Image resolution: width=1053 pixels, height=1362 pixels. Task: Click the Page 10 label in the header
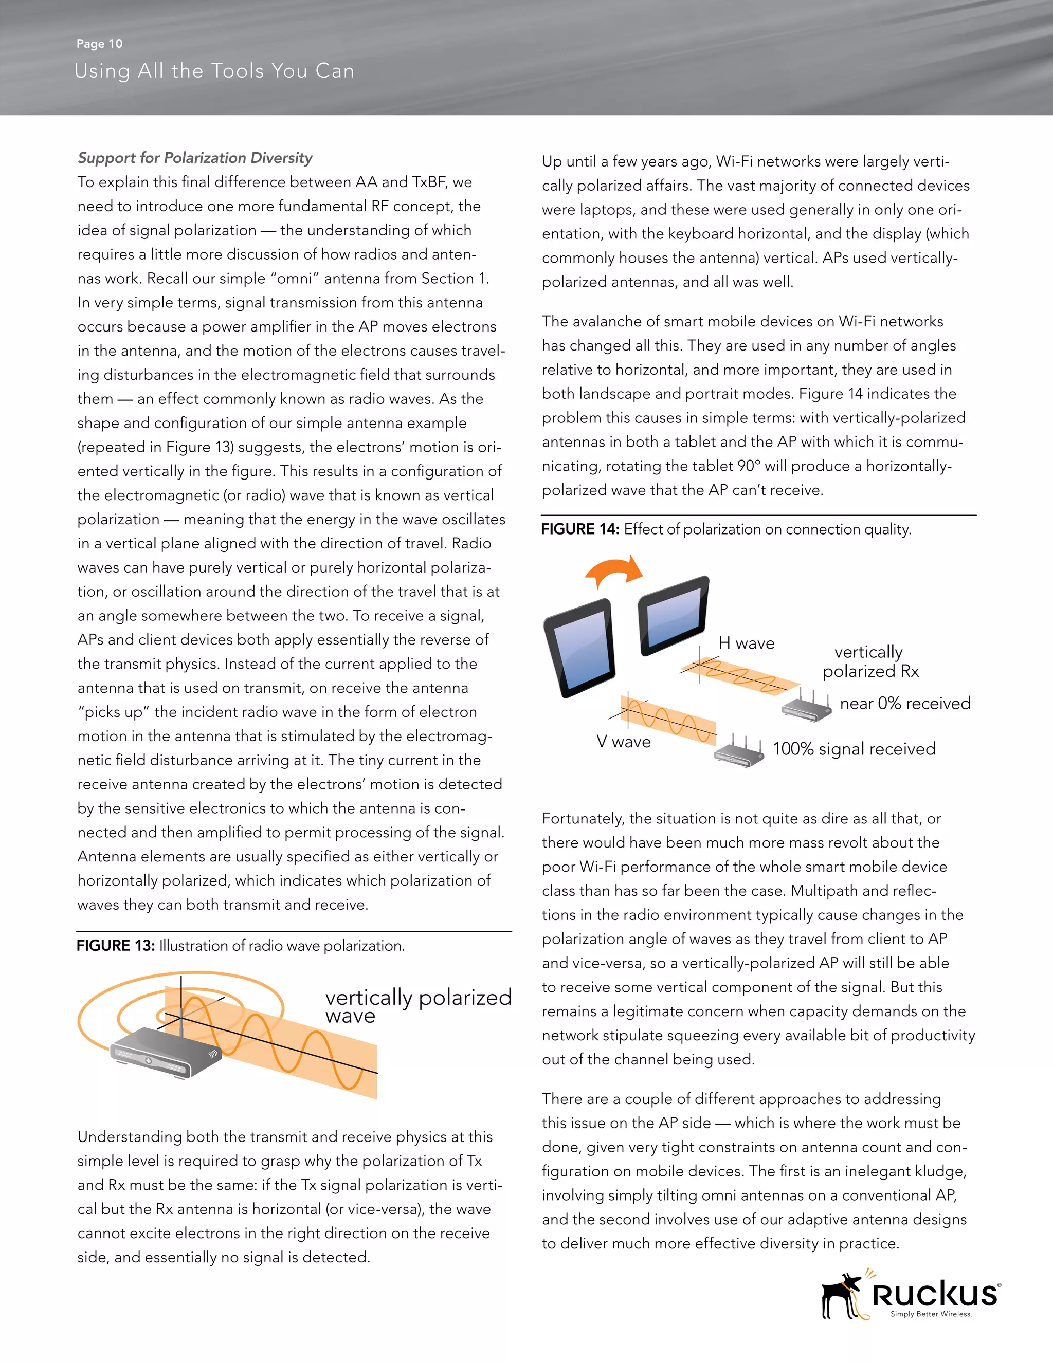[x=99, y=44]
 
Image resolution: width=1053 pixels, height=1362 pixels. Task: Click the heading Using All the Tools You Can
[x=214, y=71]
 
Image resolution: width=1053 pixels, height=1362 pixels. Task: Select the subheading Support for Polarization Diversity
[x=195, y=158]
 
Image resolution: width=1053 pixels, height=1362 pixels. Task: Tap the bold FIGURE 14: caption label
[x=579, y=529]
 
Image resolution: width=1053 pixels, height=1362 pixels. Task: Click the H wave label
[x=746, y=643]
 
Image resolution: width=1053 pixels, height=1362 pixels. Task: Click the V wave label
[x=623, y=742]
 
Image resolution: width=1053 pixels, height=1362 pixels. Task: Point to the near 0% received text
[x=905, y=704]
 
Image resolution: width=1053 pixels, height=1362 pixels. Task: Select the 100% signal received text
[x=854, y=749]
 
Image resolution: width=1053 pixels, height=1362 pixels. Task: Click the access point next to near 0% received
[x=807, y=707]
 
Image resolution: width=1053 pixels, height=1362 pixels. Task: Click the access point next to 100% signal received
[x=740, y=753]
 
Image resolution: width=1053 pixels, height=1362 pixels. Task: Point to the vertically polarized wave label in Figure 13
[x=417, y=1005]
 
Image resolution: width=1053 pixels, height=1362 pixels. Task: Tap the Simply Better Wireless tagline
[x=931, y=1314]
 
